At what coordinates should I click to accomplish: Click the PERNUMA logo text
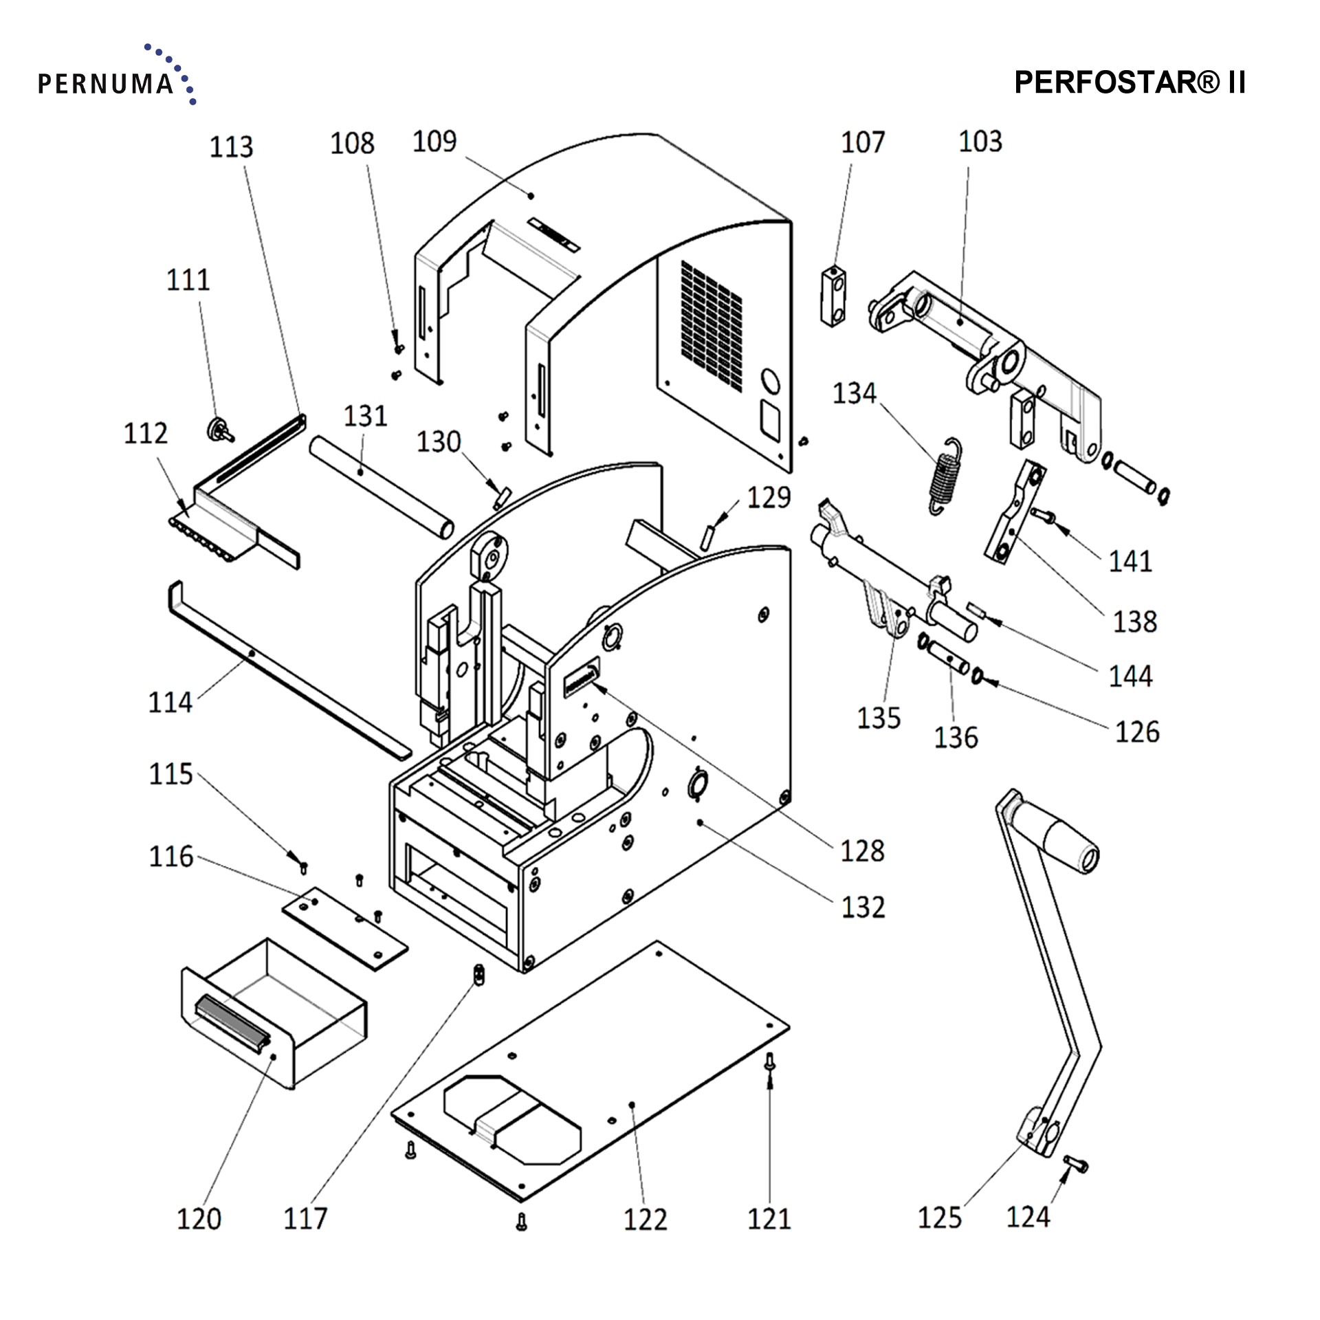(x=105, y=84)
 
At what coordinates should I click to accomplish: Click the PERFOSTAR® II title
(x=1130, y=82)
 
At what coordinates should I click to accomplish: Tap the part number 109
(x=434, y=142)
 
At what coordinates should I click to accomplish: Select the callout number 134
(x=855, y=393)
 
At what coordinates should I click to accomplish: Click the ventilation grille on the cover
(x=712, y=322)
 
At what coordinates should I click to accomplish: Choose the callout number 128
(x=862, y=851)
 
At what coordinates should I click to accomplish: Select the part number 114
(x=170, y=703)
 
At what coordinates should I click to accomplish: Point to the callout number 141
(x=1130, y=562)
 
